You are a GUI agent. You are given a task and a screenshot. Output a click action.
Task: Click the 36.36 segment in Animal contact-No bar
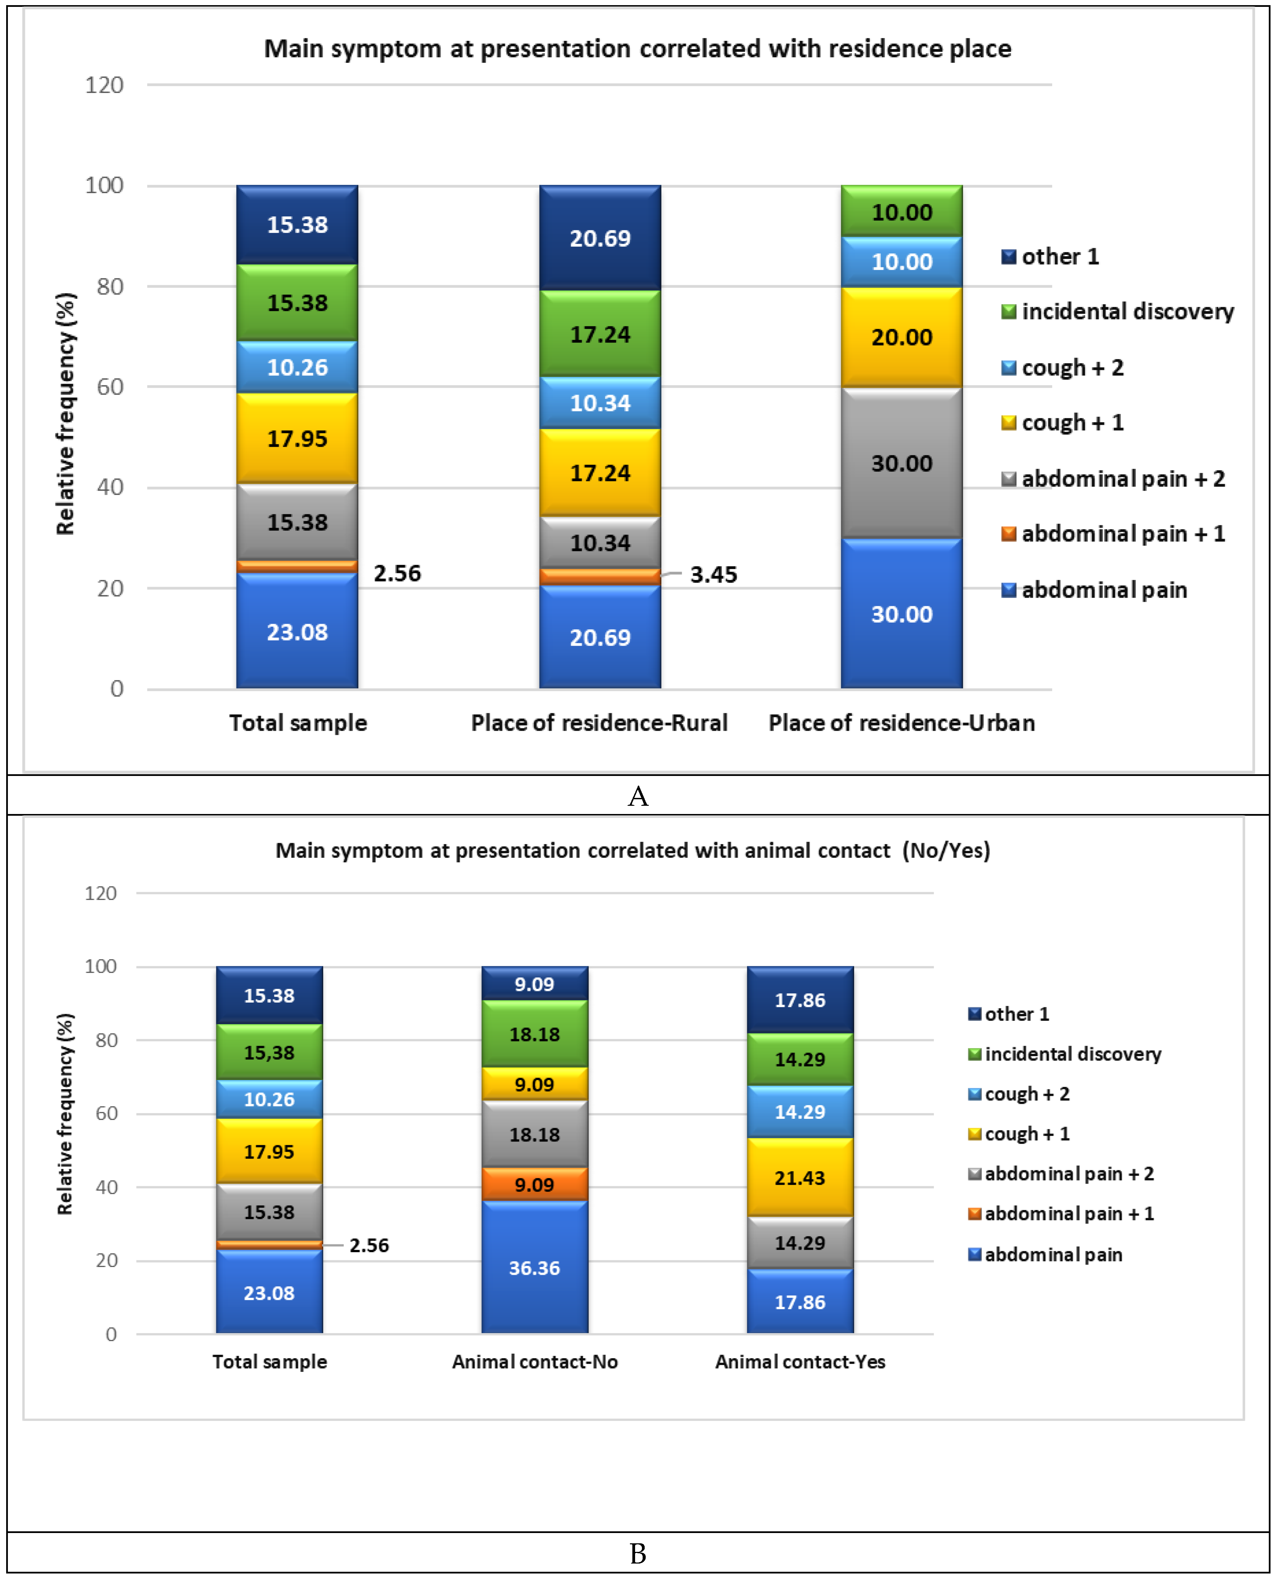pyautogui.click(x=534, y=1268)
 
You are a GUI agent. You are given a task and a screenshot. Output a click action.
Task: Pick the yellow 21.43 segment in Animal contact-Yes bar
pyautogui.click(x=800, y=1177)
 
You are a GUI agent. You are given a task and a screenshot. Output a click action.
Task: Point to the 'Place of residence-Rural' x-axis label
pyautogui.click(x=599, y=723)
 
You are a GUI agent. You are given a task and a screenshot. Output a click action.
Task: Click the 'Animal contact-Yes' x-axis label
pyautogui.click(x=800, y=1362)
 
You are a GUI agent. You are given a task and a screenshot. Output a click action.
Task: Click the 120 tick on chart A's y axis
pyautogui.click(x=105, y=85)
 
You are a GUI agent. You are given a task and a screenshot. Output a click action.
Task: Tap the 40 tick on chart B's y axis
pyautogui.click(x=107, y=1187)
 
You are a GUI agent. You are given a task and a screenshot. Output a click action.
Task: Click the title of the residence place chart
pyautogui.click(x=637, y=49)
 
